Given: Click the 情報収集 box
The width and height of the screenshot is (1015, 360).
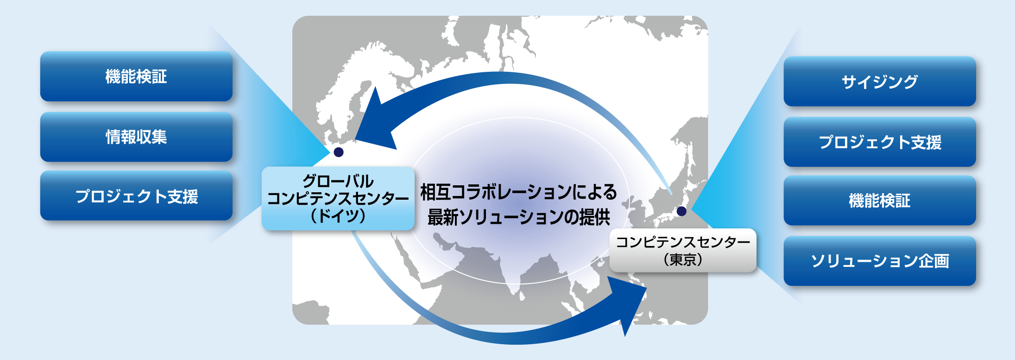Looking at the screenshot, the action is (x=136, y=137).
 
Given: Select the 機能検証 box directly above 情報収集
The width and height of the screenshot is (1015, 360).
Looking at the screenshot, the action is (x=136, y=76).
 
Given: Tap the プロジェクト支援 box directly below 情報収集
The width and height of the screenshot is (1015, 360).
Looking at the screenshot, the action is (x=136, y=196).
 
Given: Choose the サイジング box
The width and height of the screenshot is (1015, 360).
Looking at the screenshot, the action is (x=880, y=82).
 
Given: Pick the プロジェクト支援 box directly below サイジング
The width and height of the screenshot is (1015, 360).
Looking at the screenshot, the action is (x=880, y=142).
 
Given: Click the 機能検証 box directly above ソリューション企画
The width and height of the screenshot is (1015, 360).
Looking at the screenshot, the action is (x=880, y=201).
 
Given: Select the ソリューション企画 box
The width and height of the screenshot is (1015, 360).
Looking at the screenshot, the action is (x=880, y=261).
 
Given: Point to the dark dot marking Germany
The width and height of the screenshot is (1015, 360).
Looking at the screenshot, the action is (x=339, y=152).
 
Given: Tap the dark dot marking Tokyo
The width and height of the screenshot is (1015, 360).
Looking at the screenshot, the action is (x=681, y=211).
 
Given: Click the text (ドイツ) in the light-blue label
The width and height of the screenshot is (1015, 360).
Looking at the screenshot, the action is (x=338, y=216).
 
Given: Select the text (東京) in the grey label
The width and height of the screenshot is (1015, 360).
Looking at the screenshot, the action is (x=683, y=259).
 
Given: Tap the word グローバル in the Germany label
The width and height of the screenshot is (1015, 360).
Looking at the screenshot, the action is (x=338, y=181).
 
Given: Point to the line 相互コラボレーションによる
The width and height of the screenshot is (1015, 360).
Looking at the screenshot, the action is (x=519, y=192).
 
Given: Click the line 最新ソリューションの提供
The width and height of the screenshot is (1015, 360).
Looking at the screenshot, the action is (x=519, y=217).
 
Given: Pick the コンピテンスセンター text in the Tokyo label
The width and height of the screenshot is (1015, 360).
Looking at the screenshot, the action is (x=683, y=242).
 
